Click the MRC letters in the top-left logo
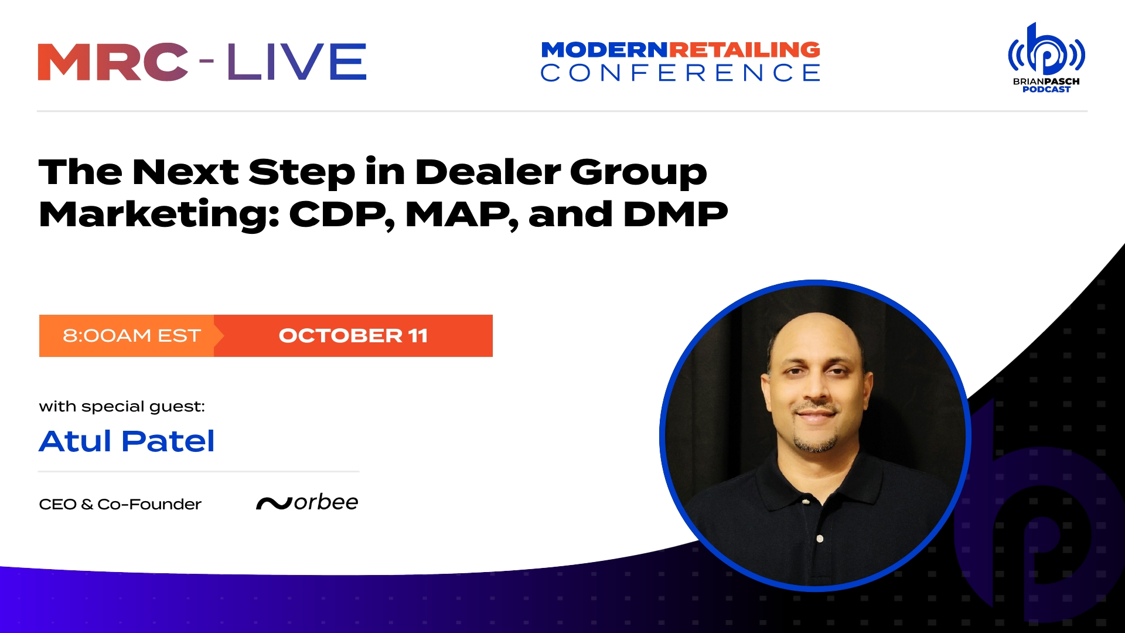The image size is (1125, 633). [x=113, y=62]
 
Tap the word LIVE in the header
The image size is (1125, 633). [x=296, y=62]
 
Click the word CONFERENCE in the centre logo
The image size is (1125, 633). [x=680, y=73]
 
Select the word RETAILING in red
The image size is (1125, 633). [x=744, y=50]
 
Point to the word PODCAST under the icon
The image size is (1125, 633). [x=1046, y=90]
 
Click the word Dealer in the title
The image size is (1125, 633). [x=487, y=172]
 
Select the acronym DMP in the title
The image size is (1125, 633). [x=675, y=215]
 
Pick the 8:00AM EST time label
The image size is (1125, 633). [x=132, y=336]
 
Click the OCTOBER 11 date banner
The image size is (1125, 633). [x=353, y=336]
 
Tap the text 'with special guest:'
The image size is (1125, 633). [x=122, y=407]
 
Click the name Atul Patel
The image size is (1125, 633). [x=127, y=441]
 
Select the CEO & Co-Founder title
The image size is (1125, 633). [x=120, y=505]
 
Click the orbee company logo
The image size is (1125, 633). [x=307, y=503]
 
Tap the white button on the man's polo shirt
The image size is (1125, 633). [x=820, y=539]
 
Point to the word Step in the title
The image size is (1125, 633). [x=301, y=172]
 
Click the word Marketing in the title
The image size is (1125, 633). [x=158, y=215]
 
